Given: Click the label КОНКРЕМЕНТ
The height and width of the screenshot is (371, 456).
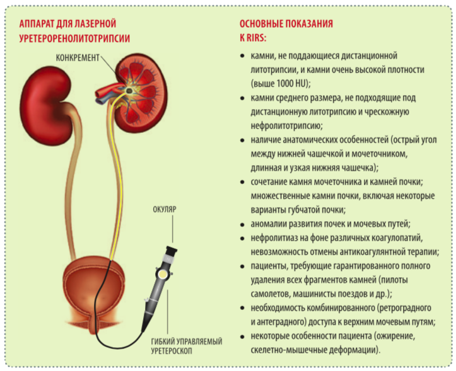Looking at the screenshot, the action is tap(78, 58).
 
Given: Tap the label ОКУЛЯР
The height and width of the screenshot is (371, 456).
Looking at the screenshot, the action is tap(165, 210).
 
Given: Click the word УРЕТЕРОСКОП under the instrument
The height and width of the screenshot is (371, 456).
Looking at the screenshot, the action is tap(172, 351).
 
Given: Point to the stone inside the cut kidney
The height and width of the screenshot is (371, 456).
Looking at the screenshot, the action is tap(129, 91).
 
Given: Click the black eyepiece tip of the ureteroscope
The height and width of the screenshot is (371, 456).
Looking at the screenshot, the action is tap(172, 250).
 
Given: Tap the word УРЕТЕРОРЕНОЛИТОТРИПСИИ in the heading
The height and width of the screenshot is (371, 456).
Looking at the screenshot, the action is tap(74, 38).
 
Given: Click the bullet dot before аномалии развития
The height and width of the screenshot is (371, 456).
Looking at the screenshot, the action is tap(242, 225).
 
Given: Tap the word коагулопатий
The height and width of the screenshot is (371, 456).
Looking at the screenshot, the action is tap(397, 238).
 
